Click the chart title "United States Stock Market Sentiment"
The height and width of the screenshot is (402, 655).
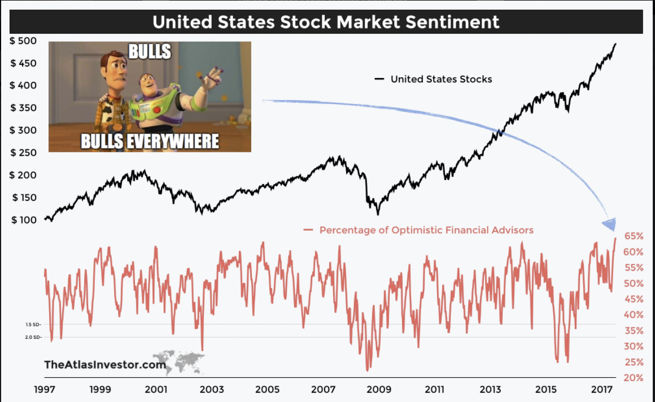(x=326, y=22)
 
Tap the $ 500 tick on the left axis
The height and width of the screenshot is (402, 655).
(x=23, y=41)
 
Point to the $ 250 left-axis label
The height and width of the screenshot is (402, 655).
(x=23, y=152)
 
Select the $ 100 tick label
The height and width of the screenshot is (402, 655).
(x=23, y=220)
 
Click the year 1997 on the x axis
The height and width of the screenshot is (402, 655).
(x=44, y=390)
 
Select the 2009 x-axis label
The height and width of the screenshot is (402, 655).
(x=379, y=390)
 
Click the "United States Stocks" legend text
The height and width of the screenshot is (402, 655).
(x=441, y=79)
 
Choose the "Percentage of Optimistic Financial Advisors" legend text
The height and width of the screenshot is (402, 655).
(x=426, y=230)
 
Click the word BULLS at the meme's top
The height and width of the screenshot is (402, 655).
(x=149, y=51)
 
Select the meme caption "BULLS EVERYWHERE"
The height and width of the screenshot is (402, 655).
(x=150, y=141)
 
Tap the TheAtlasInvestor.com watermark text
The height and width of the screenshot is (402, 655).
(x=105, y=365)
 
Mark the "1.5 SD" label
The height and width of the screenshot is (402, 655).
(x=33, y=325)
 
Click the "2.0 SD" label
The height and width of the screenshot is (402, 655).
(x=33, y=337)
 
